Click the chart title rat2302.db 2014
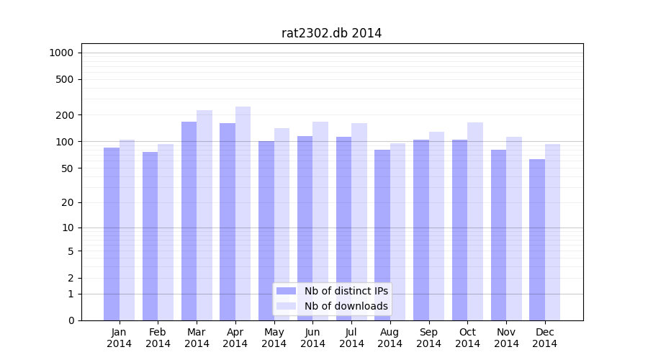(x=331, y=33)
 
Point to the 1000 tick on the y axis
(x=61, y=53)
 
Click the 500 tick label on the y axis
(x=65, y=79)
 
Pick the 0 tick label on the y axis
(x=71, y=320)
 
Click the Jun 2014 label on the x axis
(x=312, y=338)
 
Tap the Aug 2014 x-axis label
(x=390, y=338)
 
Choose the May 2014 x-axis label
(x=274, y=338)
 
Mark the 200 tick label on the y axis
(x=65, y=115)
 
